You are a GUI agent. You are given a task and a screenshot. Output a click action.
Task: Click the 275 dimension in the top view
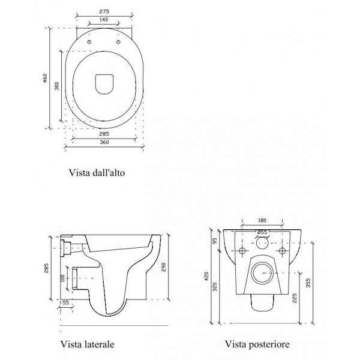[104, 11]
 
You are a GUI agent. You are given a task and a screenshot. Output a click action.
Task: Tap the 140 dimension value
[104, 20]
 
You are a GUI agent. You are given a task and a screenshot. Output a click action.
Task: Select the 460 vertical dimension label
[45, 78]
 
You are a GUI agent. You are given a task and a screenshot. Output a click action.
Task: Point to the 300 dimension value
[57, 86]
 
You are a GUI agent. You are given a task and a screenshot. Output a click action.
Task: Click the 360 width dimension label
[104, 142]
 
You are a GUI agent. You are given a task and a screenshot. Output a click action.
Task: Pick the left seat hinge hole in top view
[89, 42]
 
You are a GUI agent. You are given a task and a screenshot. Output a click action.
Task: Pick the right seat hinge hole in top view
[118, 42]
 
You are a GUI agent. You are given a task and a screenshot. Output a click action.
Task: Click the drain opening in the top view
[104, 84]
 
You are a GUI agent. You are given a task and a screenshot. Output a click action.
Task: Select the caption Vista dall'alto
[97, 173]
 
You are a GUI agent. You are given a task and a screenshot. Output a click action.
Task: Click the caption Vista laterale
[87, 344]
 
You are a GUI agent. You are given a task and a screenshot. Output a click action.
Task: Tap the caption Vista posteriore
[257, 344]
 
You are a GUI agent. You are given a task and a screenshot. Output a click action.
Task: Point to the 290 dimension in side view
[163, 267]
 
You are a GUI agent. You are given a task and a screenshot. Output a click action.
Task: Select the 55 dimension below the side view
[65, 302]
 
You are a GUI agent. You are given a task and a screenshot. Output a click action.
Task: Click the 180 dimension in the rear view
[262, 220]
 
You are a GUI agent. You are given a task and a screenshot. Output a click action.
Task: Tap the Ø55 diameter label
[262, 232]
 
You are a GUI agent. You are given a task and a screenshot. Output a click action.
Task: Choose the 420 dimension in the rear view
[206, 276]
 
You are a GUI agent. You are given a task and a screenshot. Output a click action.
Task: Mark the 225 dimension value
[295, 298]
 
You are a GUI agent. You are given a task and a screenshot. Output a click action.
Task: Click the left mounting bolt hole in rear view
[242, 251]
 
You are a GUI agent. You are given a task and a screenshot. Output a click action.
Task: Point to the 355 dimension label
[308, 283]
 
